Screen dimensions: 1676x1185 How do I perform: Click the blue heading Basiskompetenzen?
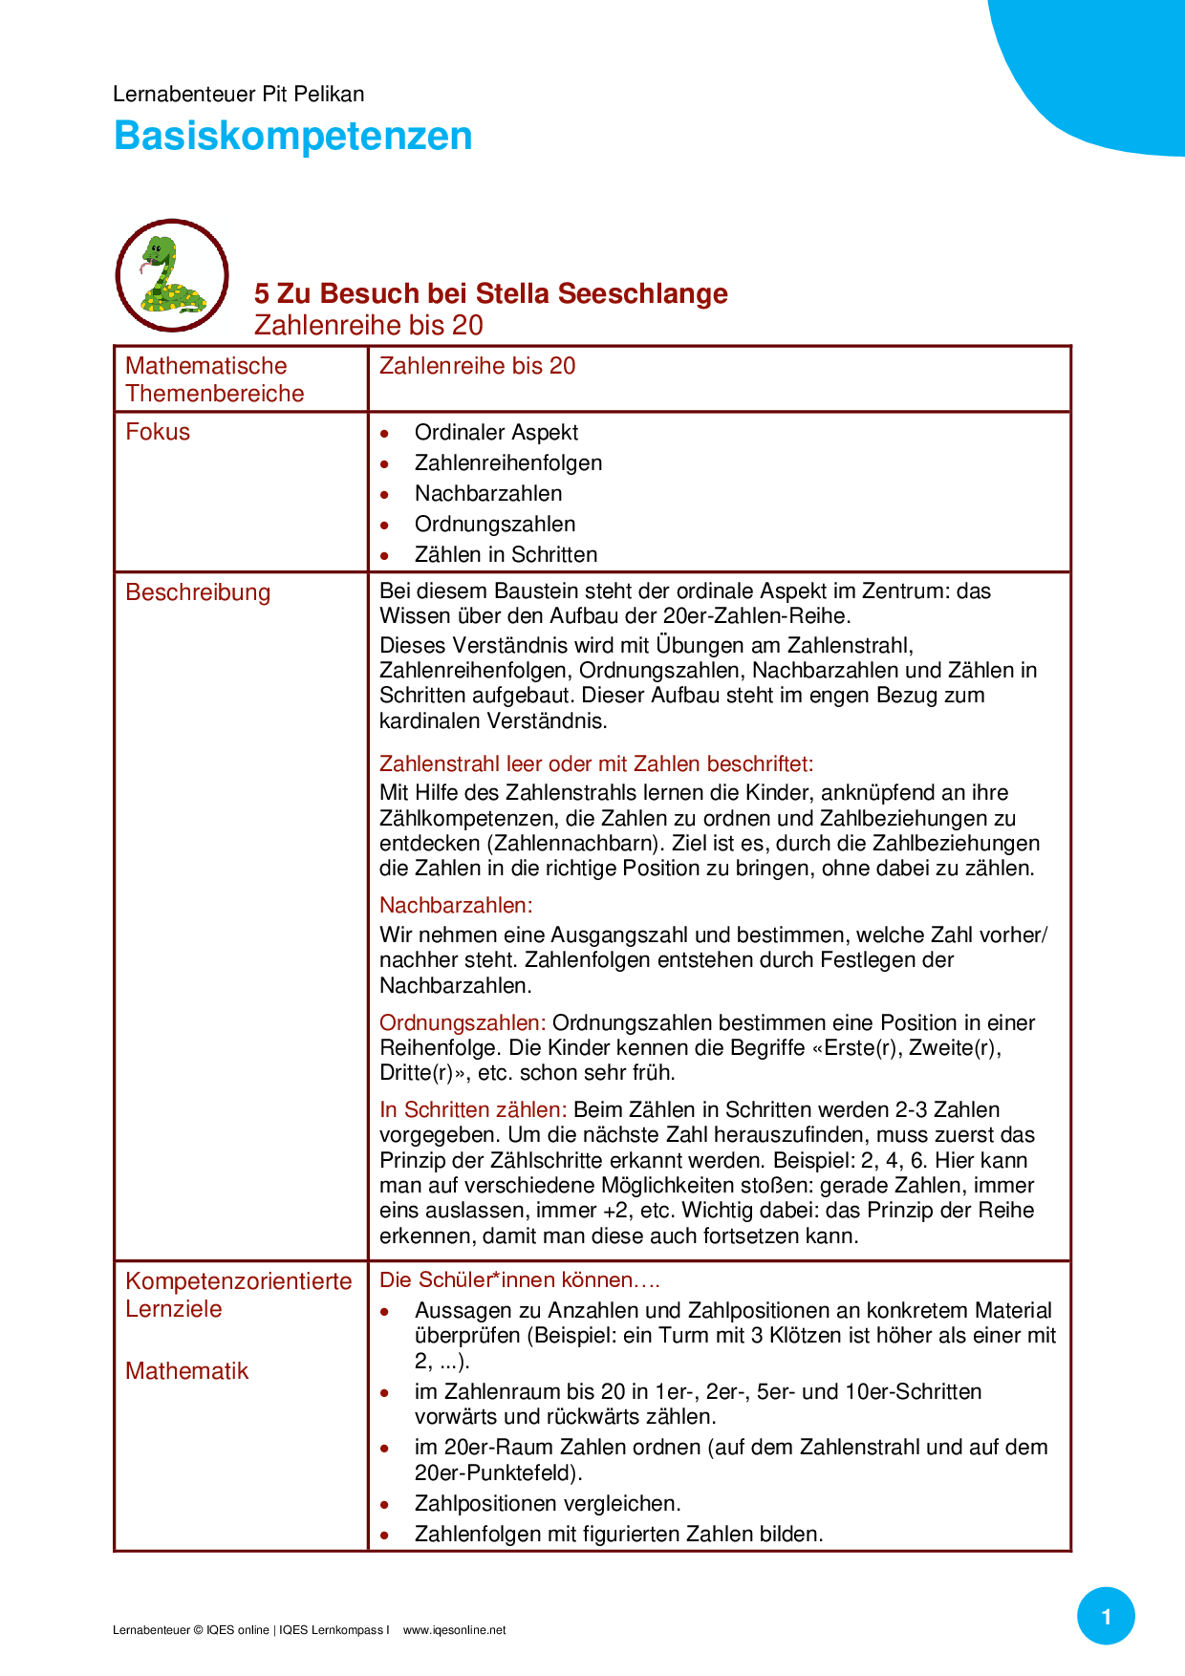coord(292,136)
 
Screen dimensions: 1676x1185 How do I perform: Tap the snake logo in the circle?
coord(172,275)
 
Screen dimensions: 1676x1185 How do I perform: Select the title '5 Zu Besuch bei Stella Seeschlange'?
coord(490,293)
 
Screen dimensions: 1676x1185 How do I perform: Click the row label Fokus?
coord(158,432)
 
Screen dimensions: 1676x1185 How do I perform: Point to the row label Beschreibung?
coord(198,592)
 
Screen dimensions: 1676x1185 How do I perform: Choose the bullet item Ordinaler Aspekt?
coord(496,433)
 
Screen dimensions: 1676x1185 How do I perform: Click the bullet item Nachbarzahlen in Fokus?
coord(488,494)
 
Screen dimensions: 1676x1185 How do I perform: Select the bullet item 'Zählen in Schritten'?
coord(506,555)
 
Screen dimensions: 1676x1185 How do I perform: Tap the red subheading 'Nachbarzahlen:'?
coord(456,906)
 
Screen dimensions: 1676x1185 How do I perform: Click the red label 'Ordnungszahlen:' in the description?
coord(463,1023)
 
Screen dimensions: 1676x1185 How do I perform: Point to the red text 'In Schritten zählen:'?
coord(473,1110)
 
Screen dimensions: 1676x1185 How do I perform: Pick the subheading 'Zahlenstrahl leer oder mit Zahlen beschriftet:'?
coord(596,764)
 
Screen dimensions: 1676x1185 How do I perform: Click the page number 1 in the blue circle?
coord(1106,1617)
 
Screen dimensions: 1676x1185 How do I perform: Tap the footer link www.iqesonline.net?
coord(454,1630)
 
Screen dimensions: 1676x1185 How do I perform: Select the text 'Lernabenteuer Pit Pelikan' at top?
coord(238,94)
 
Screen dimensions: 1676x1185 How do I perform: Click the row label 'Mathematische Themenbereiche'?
coord(214,379)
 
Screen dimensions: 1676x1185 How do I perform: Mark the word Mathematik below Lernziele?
coord(186,1371)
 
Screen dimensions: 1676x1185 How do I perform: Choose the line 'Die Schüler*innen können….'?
coord(520,1280)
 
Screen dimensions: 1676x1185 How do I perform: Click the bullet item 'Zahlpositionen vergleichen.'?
coord(548,1504)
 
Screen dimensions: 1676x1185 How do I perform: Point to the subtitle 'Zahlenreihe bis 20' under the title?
coord(369,325)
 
